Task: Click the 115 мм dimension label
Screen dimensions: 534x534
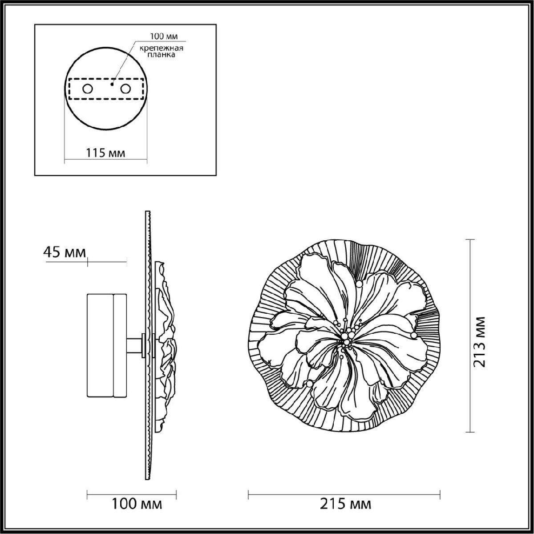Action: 105,153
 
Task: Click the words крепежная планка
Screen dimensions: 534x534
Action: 158,52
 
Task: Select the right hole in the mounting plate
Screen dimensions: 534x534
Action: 125,89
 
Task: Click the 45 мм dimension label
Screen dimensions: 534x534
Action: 65,252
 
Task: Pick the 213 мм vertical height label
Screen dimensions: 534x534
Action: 479,342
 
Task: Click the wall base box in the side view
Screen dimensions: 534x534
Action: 107,345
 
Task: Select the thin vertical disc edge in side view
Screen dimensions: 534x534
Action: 147,400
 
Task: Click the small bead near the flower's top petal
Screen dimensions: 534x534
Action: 359,283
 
